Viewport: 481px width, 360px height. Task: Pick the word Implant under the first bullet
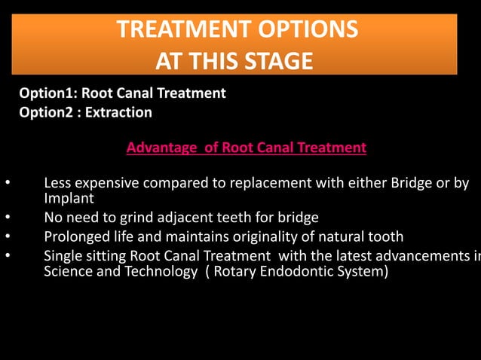pos(69,199)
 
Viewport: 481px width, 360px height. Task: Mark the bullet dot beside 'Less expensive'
pos(7,183)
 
